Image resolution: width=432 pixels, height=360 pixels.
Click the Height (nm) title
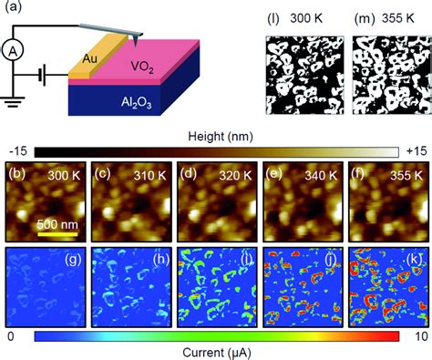(x=215, y=136)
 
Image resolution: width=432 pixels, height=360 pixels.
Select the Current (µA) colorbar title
(x=215, y=351)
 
